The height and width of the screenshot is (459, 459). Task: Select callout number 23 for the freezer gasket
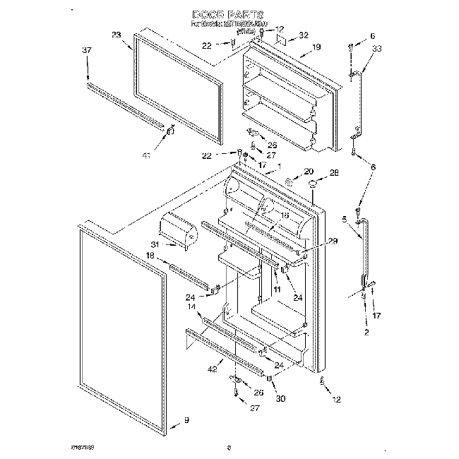tap(117, 35)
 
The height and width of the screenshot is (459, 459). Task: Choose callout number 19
tap(316, 47)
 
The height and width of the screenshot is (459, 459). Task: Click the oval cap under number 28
tap(311, 184)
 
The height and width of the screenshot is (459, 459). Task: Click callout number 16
tap(285, 216)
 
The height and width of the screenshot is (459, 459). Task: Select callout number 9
tap(186, 420)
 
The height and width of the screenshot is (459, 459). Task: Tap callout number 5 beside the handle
tap(345, 219)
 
